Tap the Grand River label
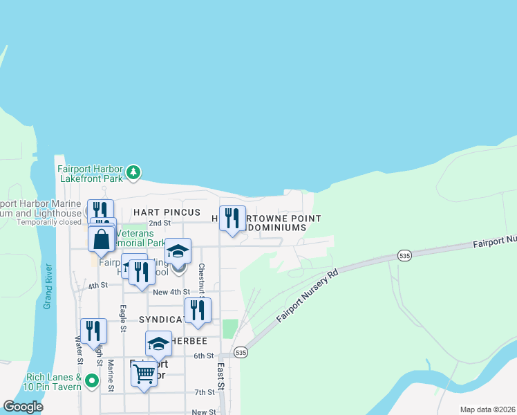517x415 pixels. pos(48,286)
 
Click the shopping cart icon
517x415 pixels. pos(144,373)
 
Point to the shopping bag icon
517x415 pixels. pos(102,239)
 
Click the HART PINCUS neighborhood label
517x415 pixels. pos(167,212)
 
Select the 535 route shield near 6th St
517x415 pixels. pos(240,352)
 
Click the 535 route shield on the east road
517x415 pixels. pos(406,256)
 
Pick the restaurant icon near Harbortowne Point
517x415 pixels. pos(232,219)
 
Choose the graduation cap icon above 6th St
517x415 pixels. pos(158,344)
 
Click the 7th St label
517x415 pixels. pos(204,392)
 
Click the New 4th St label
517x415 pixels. pos(171,293)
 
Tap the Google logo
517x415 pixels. pos(23,407)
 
